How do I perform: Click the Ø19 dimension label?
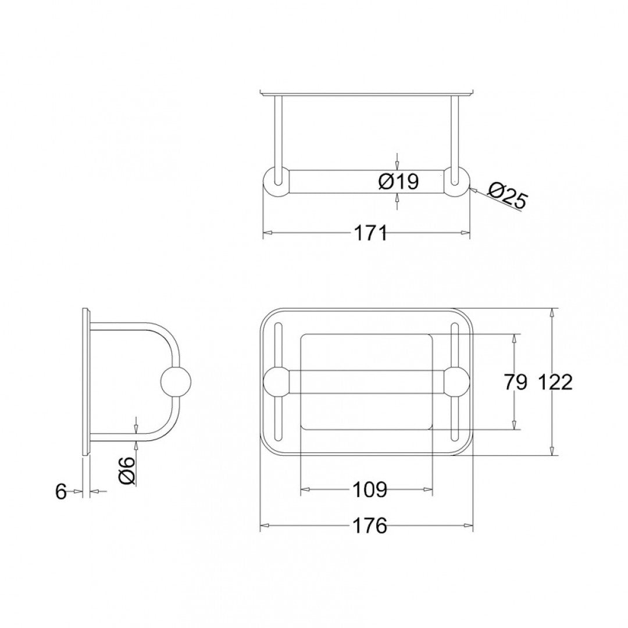coord(398,182)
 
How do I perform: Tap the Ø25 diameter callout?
coord(506,196)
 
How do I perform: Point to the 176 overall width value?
coord(369,526)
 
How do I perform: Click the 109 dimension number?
coord(369,490)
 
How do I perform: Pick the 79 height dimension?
coord(515,382)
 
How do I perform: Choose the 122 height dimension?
coord(555,382)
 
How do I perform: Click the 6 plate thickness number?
coord(61,491)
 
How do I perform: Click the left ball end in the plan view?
coord(277,382)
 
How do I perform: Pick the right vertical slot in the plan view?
coord(455,349)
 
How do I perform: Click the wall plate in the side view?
coord(86,382)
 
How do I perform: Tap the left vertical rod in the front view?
coord(278,131)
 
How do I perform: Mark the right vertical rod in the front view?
coord(455,131)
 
